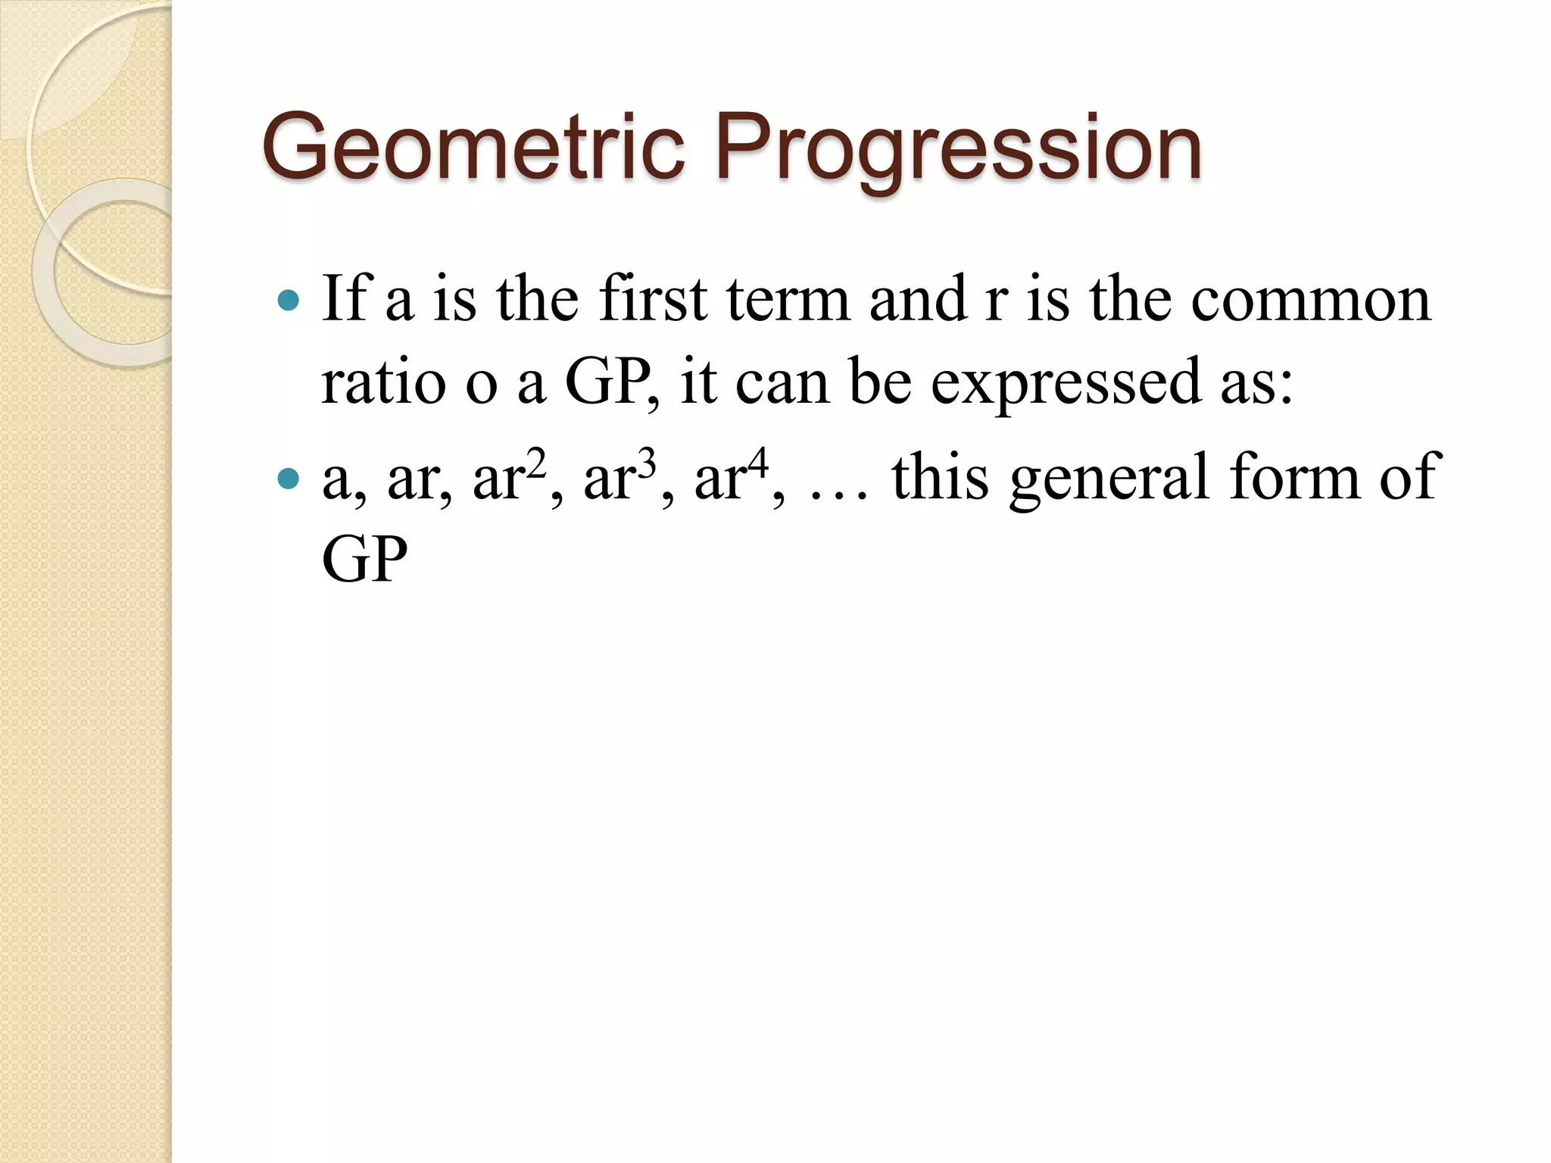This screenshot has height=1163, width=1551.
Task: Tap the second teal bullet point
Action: click(x=289, y=479)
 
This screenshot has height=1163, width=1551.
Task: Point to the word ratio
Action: click(x=383, y=382)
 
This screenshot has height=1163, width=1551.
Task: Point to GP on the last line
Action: click(x=364, y=560)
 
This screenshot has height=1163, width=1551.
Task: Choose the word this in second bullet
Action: click(x=940, y=479)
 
